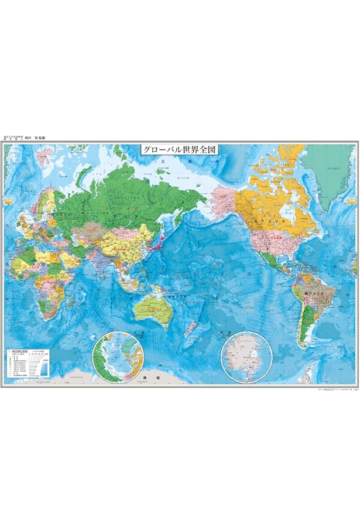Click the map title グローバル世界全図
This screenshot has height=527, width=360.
click(x=179, y=149)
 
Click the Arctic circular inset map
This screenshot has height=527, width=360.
click(x=118, y=357)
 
